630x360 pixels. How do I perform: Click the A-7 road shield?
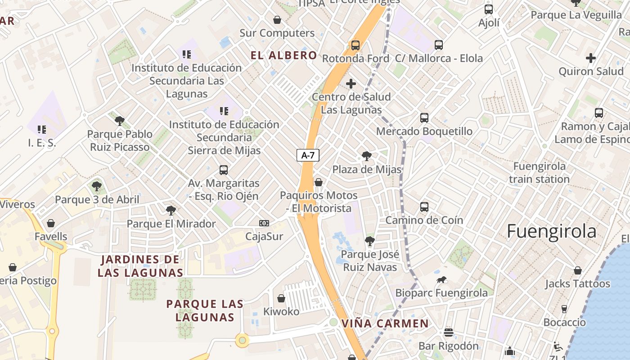click(x=308, y=156)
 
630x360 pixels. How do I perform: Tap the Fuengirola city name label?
click(x=551, y=231)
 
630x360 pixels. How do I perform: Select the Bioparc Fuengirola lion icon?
click(x=441, y=280)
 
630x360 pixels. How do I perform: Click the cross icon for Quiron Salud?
click(x=591, y=58)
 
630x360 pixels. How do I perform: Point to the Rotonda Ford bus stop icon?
click(x=355, y=45)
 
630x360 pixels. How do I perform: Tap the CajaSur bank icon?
click(x=264, y=223)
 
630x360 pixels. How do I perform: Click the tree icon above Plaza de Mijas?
click(x=367, y=156)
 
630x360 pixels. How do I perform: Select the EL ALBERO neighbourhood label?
click(x=284, y=55)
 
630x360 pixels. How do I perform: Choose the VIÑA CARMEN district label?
click(x=385, y=324)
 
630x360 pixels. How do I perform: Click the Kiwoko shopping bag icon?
click(x=281, y=298)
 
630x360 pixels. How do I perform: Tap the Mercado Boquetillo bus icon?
click(x=424, y=118)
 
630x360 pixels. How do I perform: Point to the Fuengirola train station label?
click(x=540, y=173)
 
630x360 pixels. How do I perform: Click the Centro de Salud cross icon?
click(x=351, y=84)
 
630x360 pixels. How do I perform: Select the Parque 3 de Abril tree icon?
click(x=97, y=186)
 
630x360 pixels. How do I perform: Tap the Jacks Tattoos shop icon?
click(x=578, y=270)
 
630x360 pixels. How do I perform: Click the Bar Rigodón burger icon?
click(x=448, y=333)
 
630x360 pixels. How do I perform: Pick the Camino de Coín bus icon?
click(x=424, y=207)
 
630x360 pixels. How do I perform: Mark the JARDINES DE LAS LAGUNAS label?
click(x=140, y=266)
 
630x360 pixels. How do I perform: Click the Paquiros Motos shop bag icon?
click(x=319, y=182)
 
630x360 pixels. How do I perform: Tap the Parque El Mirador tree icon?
click(x=171, y=210)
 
